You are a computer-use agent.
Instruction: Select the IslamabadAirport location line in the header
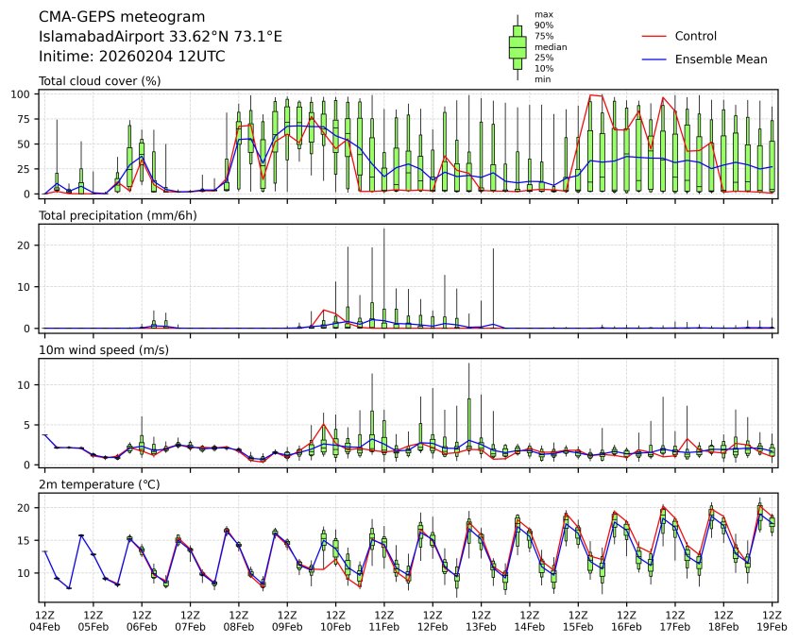click(x=161, y=37)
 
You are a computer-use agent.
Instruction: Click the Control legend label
click(x=696, y=36)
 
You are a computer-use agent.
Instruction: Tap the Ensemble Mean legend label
click(x=721, y=59)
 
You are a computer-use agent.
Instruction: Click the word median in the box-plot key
click(x=544, y=46)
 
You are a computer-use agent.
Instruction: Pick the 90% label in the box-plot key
click(x=542, y=25)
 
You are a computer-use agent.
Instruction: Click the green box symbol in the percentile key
click(x=518, y=46)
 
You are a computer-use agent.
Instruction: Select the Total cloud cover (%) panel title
click(x=99, y=81)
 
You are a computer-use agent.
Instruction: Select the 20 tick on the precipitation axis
click(x=27, y=245)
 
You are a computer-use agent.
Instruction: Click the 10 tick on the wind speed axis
click(x=27, y=385)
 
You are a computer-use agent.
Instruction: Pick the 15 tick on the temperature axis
click(x=27, y=541)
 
